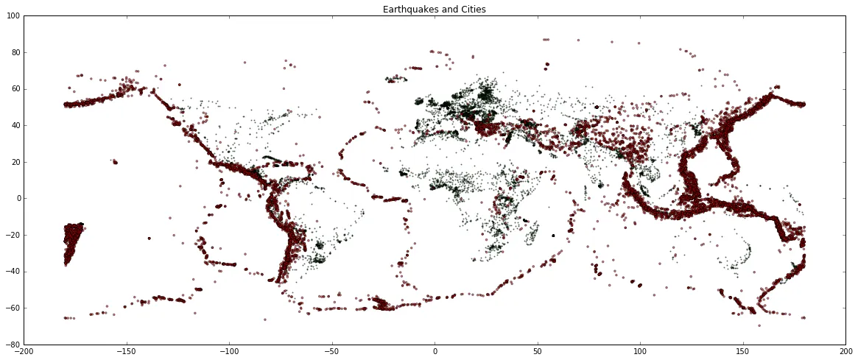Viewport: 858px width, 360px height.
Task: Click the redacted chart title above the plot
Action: click(x=435, y=8)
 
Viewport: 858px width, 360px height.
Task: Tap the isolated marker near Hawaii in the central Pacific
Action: click(x=114, y=161)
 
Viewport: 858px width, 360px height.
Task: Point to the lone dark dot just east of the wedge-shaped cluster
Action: click(x=149, y=238)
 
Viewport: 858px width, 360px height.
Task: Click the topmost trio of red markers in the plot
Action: click(x=546, y=40)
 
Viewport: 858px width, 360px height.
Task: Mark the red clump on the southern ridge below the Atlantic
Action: click(x=383, y=303)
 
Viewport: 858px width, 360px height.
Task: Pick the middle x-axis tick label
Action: click(x=435, y=352)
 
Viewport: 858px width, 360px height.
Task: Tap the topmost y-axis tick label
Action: click(x=15, y=18)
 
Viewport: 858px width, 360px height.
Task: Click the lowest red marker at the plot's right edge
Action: click(x=803, y=318)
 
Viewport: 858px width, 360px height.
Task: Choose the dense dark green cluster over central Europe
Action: click(x=471, y=103)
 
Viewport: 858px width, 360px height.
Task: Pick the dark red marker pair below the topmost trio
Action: click(x=546, y=66)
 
